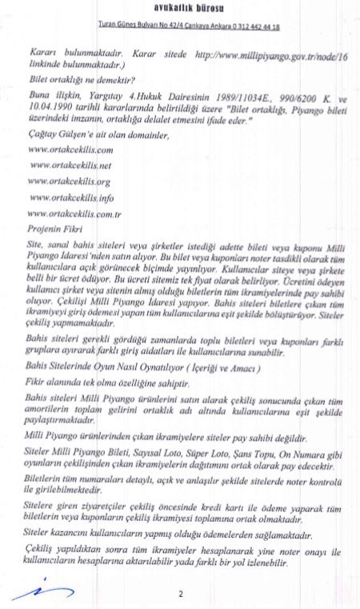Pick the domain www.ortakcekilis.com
point(70,150)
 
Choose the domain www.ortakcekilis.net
point(70,165)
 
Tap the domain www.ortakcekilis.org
point(70,180)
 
